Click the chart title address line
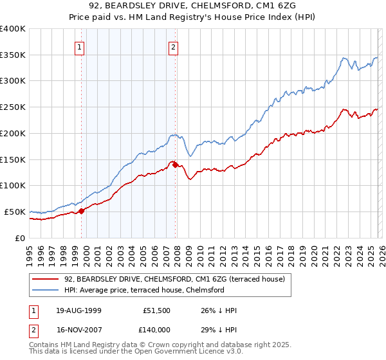(193, 5)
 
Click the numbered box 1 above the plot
(79, 46)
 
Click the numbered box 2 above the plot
(174, 46)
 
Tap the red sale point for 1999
(82, 210)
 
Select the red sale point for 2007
(176, 165)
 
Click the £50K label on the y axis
(15, 212)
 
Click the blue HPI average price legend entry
(143, 290)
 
